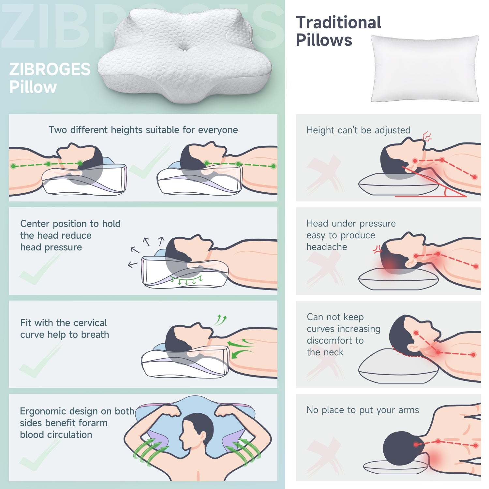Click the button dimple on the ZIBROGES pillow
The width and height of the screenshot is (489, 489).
[185, 50]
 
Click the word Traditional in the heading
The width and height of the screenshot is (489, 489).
[338, 22]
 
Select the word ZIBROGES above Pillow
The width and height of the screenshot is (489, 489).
[50, 69]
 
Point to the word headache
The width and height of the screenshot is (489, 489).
[327, 247]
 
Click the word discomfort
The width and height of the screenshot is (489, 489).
[335, 340]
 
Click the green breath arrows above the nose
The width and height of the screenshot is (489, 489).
[221, 320]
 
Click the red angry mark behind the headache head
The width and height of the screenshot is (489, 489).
[378, 250]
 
